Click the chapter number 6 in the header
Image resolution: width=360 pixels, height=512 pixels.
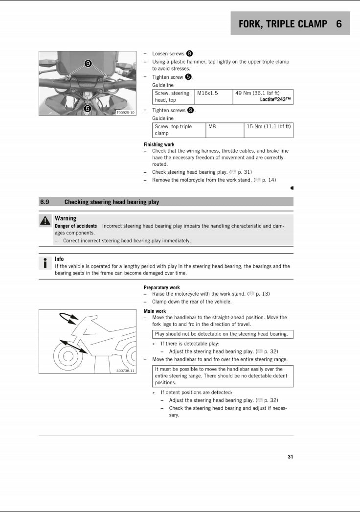pos(339,23)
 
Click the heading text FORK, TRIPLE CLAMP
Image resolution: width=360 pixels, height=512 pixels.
pos(283,23)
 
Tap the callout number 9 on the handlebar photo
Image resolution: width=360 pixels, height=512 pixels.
pos(88,64)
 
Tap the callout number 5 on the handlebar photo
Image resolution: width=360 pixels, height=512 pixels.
pos(87,109)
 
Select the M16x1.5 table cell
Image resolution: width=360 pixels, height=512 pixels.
pos(207,93)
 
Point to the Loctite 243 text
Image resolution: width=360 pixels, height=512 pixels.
pos(275,100)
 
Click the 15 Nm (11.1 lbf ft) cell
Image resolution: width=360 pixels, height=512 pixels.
pos(269,126)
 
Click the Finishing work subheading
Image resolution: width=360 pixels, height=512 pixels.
pos(159,145)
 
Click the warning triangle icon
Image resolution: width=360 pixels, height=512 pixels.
pos(45,221)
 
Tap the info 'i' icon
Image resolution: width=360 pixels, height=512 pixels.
pos(45,263)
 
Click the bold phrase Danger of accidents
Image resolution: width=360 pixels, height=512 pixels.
pos(76,226)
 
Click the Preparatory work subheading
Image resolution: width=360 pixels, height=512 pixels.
pos(161,288)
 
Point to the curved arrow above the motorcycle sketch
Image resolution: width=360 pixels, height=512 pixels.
pos(68,318)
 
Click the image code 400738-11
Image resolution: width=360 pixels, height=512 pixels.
pos(126,371)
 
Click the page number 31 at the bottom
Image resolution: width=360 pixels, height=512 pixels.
pos(290,457)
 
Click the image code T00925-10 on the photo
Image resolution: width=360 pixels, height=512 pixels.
pos(125,112)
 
